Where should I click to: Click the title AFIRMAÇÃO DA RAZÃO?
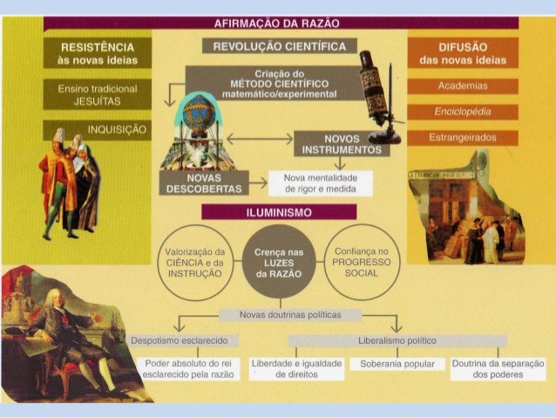[276, 23]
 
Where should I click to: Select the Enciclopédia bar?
[463, 112]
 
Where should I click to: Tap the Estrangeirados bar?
[463, 138]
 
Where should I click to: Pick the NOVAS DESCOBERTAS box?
[202, 182]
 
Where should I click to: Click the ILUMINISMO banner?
[279, 212]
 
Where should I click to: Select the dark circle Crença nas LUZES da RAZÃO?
[279, 262]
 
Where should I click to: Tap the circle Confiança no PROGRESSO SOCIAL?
[362, 260]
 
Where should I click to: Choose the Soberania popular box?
[391, 363]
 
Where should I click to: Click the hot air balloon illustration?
[201, 118]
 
